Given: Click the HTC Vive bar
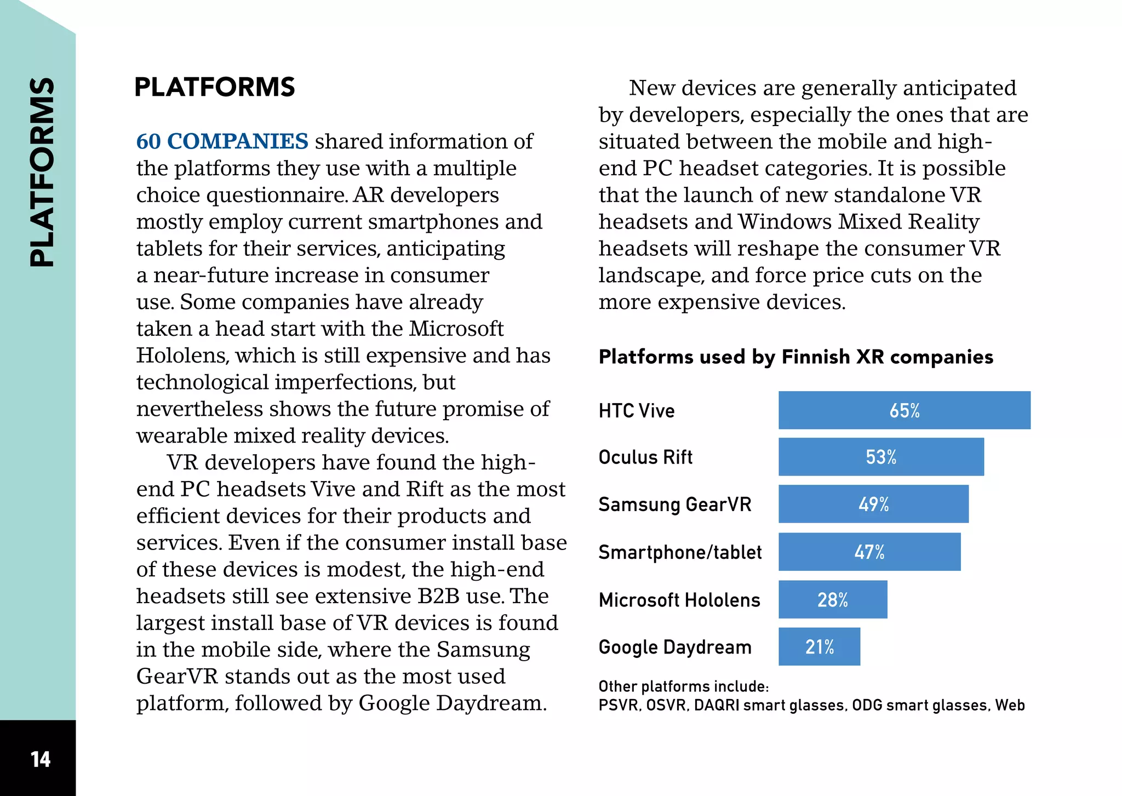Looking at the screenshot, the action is pos(905,410).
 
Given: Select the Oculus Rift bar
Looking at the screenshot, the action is pos(881,457).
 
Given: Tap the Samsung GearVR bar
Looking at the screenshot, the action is pos(873,504).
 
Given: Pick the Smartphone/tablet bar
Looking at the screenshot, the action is pos(869,552).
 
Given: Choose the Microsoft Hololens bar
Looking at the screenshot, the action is pos(833,599).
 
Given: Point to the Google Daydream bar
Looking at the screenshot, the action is pos(819,646).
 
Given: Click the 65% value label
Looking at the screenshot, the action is pos(905,410).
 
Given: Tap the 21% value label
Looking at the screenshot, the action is pos(820,647).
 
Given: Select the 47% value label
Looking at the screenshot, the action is pos(869,552).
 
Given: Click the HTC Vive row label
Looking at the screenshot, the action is pos(637,410).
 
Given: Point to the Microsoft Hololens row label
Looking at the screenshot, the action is pos(679,600).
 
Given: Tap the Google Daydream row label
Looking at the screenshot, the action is pos(675,648).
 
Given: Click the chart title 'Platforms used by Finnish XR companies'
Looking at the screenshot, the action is pos(796,357).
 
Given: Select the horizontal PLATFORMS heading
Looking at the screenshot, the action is pos(215,87).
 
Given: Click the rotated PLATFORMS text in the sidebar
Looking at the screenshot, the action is pos(42,172).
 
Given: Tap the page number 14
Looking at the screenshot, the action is pos(41,759).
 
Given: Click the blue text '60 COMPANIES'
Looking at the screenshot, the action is pos(222,141).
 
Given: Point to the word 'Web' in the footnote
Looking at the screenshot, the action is pos(1010,705).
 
